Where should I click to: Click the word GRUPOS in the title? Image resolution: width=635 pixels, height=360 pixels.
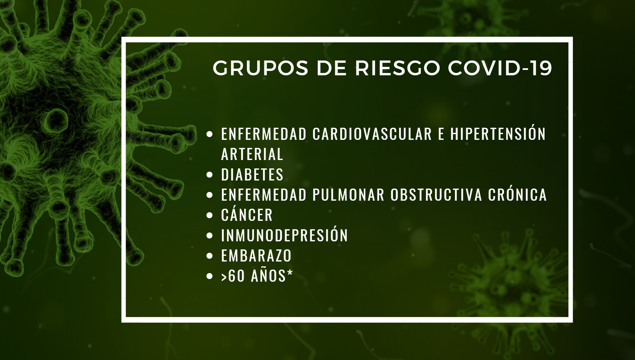point(261,68)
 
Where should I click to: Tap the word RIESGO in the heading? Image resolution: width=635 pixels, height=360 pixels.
point(397,68)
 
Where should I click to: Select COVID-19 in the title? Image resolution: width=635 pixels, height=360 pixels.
point(500,68)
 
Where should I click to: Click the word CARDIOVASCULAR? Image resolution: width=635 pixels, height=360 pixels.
point(372,134)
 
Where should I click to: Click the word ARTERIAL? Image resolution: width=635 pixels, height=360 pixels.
point(252,154)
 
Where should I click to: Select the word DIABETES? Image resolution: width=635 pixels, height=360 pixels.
point(252,174)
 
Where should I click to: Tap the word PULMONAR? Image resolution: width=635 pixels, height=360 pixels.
point(348,195)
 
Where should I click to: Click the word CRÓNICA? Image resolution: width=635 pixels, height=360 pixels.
point(518,194)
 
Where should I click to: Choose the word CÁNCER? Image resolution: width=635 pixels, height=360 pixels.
point(247,214)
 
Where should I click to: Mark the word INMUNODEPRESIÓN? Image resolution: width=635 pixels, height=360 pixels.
point(284,234)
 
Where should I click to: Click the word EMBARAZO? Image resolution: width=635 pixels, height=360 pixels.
point(256,256)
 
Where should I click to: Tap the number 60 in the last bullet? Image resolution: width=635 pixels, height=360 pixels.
point(236,276)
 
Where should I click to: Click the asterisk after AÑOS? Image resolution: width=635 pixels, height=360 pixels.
point(290,273)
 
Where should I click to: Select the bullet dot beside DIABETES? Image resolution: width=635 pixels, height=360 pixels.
point(209,175)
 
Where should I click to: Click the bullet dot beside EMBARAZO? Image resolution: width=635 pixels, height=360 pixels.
point(209,256)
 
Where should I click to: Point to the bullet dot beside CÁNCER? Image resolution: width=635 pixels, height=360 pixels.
point(209,215)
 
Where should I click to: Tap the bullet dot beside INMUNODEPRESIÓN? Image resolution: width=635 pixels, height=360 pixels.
point(209,236)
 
